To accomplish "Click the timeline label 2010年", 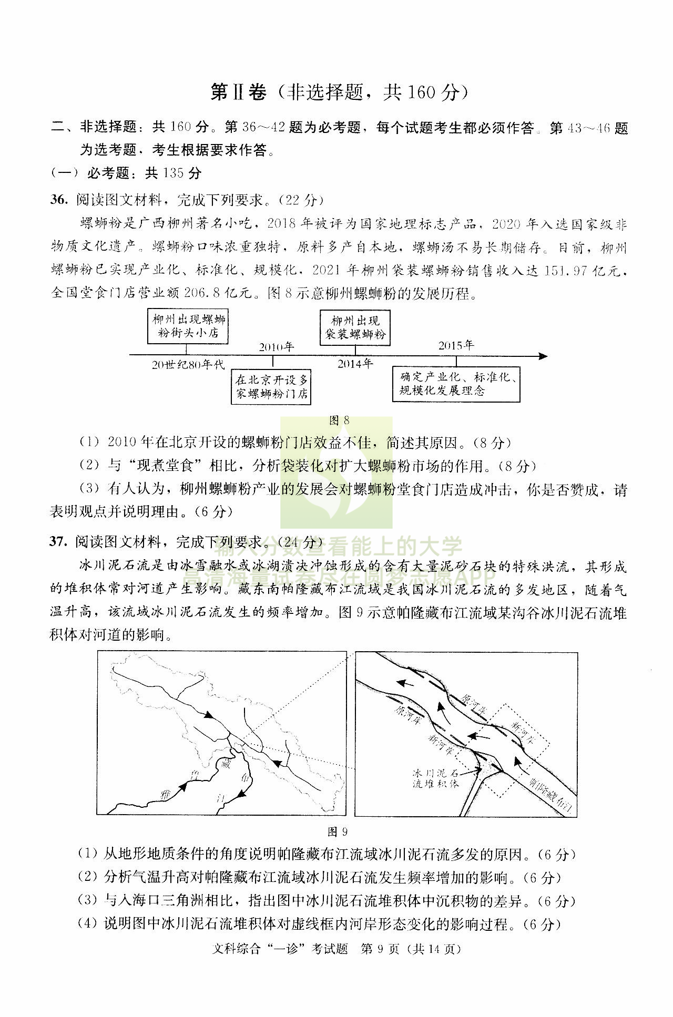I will [277, 347].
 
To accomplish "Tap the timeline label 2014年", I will [355, 364].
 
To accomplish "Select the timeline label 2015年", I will [456, 345].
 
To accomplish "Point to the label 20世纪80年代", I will [188, 365].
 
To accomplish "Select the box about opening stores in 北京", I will [271, 386].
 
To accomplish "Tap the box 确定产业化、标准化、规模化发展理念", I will [456, 384].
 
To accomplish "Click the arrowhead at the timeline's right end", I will [543, 356].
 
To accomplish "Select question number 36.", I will [58, 200].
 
